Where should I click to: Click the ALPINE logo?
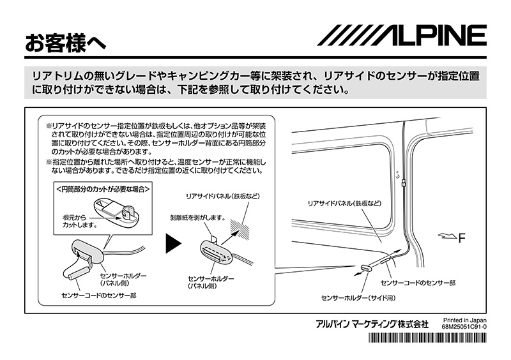pyautogui.click(x=402, y=35)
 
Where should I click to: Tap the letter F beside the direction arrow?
pyautogui.click(x=462, y=238)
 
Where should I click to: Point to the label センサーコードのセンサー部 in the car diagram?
pyautogui.click(x=418, y=281)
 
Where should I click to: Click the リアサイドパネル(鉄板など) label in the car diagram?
pyautogui.click(x=344, y=202)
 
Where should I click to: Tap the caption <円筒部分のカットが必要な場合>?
pyautogui.click(x=103, y=190)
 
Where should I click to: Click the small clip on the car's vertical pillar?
pyautogui.click(x=405, y=183)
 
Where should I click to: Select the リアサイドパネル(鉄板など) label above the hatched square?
pyautogui.click(x=220, y=195)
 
